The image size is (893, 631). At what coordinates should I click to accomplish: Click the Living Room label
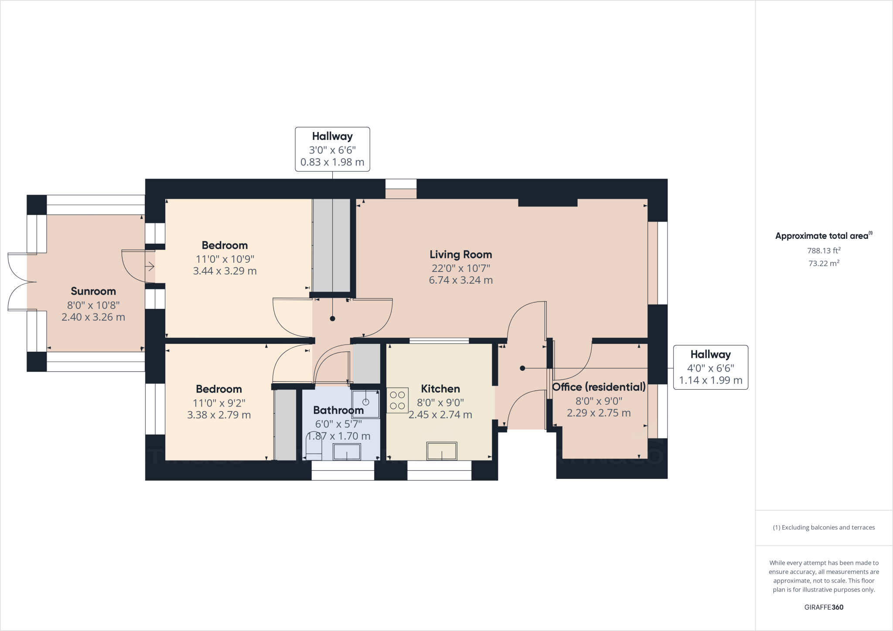click(x=461, y=254)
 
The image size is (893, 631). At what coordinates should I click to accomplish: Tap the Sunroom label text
click(x=93, y=291)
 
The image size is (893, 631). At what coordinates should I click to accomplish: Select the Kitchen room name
click(x=440, y=389)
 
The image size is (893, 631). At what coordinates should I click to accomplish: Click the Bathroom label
click(x=338, y=410)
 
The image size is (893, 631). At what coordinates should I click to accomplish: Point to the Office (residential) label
click(x=599, y=387)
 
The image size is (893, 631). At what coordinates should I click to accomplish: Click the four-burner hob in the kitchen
click(x=397, y=400)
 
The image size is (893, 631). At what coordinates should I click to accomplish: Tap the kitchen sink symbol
click(x=442, y=451)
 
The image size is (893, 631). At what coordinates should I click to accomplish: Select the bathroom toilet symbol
click(x=314, y=447)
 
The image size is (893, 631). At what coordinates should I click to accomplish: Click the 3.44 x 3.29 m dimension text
click(x=225, y=271)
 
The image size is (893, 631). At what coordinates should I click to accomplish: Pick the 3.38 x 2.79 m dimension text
click(x=219, y=415)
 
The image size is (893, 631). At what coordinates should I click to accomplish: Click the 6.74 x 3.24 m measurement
click(x=461, y=280)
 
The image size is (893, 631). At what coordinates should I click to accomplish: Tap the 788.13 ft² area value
click(x=824, y=251)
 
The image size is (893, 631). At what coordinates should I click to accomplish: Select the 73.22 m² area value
click(x=824, y=263)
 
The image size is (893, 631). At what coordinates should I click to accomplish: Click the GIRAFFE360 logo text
click(x=824, y=607)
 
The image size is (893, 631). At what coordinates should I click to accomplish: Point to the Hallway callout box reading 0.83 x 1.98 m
click(x=333, y=149)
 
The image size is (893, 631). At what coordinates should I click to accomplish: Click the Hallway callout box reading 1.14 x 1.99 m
click(x=711, y=367)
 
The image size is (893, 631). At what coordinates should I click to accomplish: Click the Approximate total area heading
click(x=824, y=236)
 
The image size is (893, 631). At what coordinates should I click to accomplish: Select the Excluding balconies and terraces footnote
click(x=824, y=527)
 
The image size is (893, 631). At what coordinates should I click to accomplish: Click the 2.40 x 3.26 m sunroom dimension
click(x=93, y=317)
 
